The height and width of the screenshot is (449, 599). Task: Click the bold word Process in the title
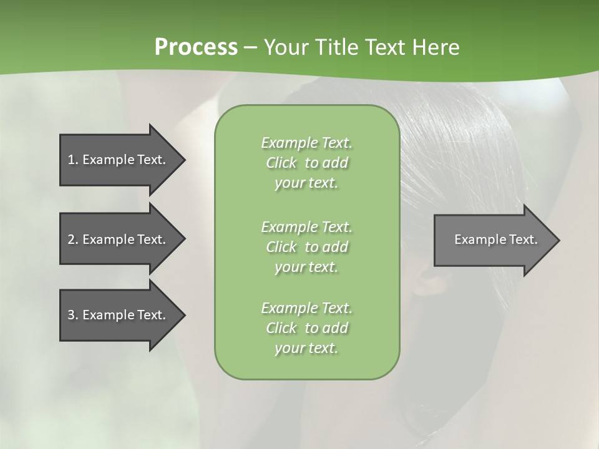(196, 47)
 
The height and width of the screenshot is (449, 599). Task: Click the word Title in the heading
(337, 47)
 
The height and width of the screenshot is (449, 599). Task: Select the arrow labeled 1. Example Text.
(119, 160)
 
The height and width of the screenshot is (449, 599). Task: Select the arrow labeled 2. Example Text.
(119, 239)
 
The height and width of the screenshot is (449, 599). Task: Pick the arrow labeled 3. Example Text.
(119, 315)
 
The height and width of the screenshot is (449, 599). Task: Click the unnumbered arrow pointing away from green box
(493, 240)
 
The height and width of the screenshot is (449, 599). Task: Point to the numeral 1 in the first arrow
(71, 160)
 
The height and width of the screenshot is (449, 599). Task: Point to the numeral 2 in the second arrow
(71, 239)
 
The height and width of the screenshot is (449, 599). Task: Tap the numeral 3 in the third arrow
(71, 315)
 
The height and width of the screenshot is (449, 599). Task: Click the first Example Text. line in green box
(306, 143)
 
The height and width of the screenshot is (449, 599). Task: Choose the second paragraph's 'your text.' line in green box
(306, 267)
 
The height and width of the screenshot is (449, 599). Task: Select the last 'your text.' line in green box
(306, 348)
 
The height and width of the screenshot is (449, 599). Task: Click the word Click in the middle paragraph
(281, 247)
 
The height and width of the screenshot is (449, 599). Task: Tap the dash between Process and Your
(250, 47)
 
